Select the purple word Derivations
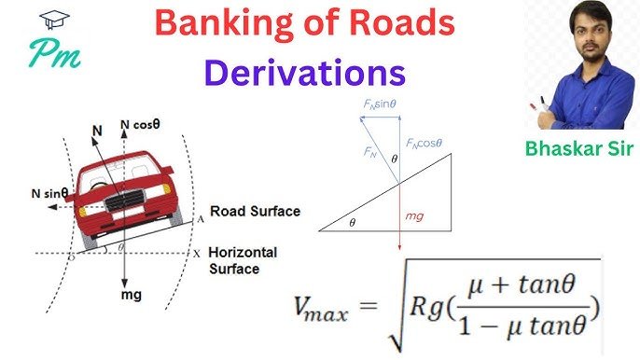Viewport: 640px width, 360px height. click(305, 71)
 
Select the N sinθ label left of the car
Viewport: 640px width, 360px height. click(49, 193)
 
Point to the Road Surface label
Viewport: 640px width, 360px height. click(255, 212)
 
